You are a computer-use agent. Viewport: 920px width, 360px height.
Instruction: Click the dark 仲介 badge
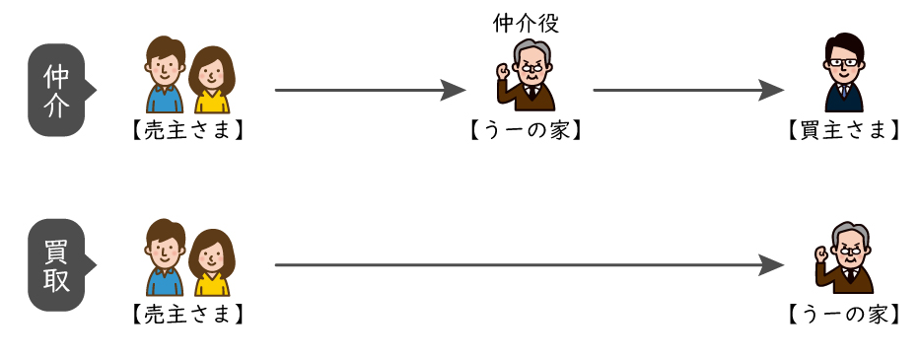58,91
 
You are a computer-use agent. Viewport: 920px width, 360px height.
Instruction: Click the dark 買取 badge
58,264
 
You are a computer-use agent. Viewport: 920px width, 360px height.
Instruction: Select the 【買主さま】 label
843,130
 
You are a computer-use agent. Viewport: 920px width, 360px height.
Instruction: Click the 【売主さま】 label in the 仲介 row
186,130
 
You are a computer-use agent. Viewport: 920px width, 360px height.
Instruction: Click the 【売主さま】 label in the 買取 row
186,314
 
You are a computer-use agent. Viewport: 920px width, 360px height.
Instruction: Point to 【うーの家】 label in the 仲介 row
526,130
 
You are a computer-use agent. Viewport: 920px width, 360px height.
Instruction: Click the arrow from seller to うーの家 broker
370,91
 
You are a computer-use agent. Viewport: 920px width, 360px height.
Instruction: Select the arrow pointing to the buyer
688,91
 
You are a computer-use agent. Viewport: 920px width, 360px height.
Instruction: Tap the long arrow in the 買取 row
529,264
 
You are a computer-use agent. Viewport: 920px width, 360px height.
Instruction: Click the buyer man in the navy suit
844,75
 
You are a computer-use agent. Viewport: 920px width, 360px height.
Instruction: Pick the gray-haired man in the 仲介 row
530,75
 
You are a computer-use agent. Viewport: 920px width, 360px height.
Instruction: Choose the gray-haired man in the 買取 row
846,257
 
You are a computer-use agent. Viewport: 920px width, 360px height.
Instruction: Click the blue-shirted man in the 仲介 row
166,75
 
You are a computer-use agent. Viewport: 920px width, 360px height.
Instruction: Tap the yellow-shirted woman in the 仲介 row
211,79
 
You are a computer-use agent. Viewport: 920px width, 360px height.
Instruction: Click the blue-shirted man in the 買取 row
166,258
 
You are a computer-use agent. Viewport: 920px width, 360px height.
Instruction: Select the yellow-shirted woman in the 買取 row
211,262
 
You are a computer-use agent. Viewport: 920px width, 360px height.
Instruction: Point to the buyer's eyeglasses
844,62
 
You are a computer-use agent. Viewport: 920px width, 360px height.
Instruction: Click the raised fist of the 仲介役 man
503,72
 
